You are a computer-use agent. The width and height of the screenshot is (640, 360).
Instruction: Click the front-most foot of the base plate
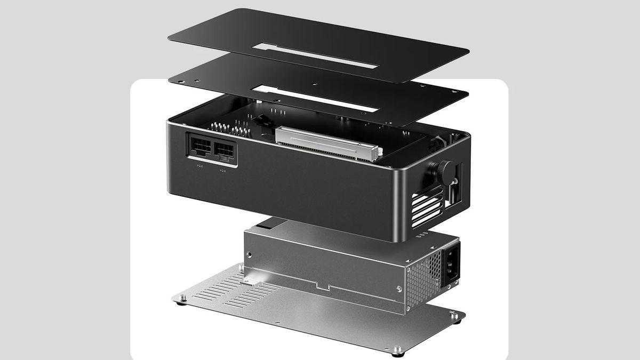(x=396, y=351)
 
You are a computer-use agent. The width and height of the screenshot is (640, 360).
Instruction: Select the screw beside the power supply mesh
(x=399, y=288)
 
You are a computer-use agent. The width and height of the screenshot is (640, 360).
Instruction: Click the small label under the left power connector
(x=198, y=166)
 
